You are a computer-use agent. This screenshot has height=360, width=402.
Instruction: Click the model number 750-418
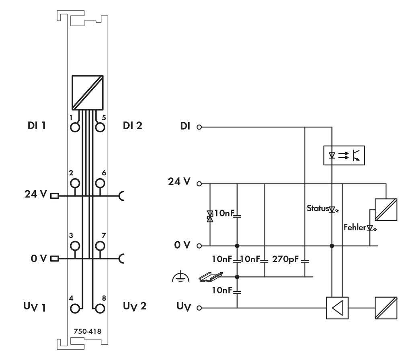pos(87,331)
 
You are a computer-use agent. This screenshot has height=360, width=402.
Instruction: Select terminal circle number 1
pos(74,128)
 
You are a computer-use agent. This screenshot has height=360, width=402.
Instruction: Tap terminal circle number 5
pos(100,128)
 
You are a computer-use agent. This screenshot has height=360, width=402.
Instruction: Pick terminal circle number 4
pos(74,309)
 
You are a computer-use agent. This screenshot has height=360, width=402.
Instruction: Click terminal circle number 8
pos(100,309)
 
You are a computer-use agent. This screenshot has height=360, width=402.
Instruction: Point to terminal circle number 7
pos(100,245)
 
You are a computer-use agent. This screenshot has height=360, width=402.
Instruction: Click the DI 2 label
pos(133,125)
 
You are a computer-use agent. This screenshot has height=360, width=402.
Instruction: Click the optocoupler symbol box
pos(344,156)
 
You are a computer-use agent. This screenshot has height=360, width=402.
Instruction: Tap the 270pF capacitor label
pos(285,258)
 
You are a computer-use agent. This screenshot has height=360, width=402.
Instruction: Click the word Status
pos(318,208)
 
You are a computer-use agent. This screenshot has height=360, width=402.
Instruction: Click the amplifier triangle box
pos(337,308)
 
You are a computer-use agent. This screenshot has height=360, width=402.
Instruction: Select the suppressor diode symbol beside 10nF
pos(209,216)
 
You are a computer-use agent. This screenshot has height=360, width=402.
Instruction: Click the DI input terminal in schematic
pos(199,128)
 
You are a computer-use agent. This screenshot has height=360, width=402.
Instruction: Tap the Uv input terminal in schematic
pos(199,309)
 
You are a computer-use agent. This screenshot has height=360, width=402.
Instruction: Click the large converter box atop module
pos(88,92)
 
